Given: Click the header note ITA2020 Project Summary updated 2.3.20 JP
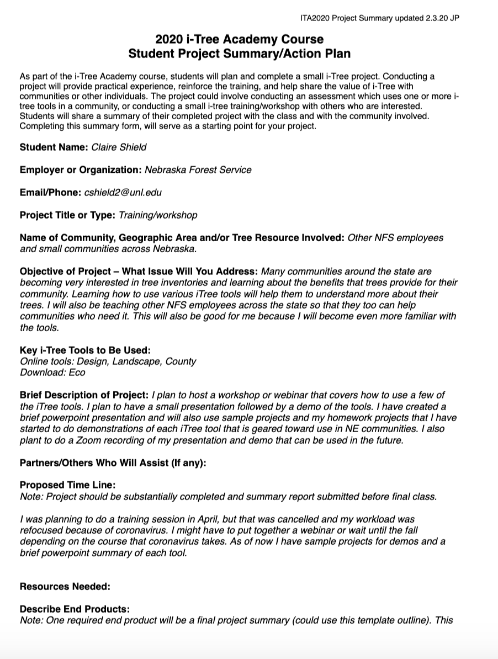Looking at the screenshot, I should [380, 18].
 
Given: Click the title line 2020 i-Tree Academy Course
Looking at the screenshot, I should [239, 39].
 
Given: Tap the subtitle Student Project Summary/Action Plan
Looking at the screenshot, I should [239, 54].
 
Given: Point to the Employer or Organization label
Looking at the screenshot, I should [81, 169].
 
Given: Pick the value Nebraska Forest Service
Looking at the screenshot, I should [198, 169].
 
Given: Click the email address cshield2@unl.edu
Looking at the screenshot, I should [123, 192].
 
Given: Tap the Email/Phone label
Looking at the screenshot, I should [50, 192].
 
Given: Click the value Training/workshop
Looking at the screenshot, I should [158, 215].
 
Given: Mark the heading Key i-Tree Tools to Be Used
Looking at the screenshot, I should [85, 350].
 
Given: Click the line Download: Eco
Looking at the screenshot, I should [52, 373].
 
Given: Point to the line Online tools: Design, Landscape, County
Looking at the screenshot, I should [108, 362].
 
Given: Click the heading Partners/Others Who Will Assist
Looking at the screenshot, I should [113, 463].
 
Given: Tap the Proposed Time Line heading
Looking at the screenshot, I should [67, 485].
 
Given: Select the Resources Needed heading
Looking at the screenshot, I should [65, 587].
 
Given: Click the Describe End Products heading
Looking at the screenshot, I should [75, 609].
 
